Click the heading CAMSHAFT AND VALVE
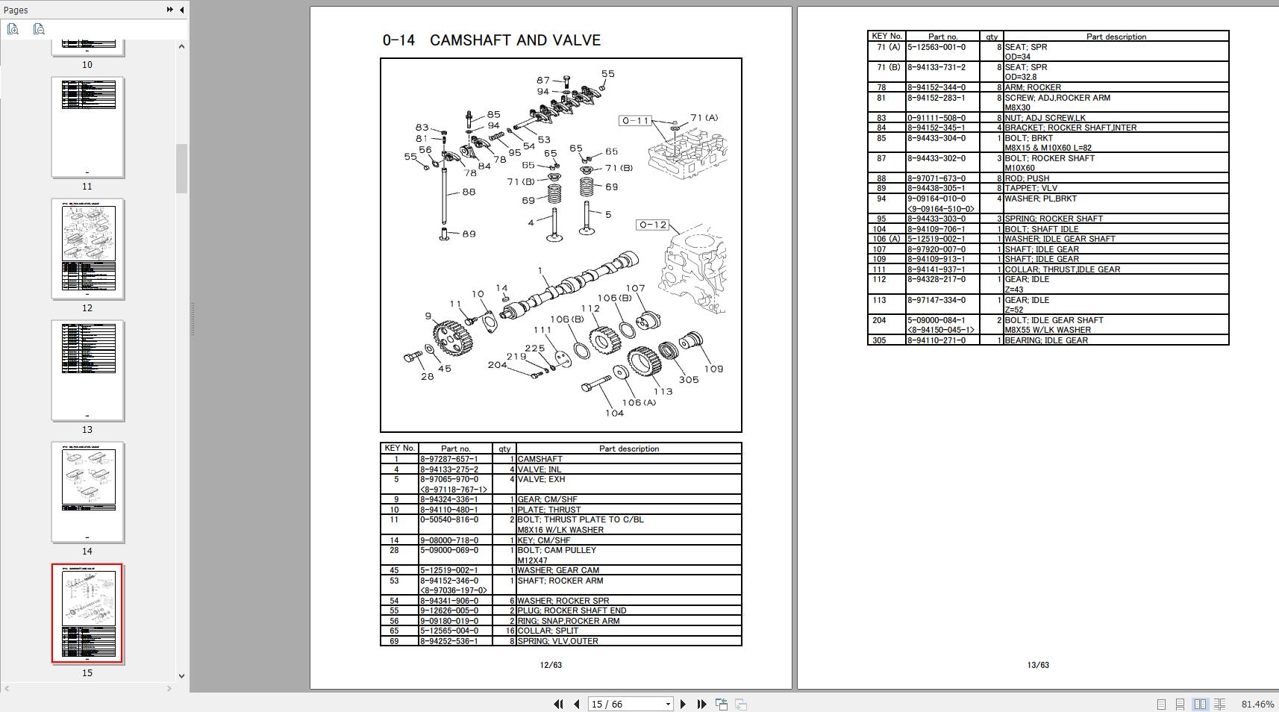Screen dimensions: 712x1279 click(x=515, y=40)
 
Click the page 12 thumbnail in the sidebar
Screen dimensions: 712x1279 click(x=87, y=249)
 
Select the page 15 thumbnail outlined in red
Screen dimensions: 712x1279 click(x=87, y=613)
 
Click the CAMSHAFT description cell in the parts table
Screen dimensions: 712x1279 click(x=540, y=459)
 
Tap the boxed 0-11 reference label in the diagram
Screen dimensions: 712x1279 click(x=636, y=120)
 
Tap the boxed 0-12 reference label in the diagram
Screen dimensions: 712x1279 click(x=652, y=225)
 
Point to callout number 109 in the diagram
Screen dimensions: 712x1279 click(x=713, y=369)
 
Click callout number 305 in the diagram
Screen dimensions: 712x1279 click(x=688, y=379)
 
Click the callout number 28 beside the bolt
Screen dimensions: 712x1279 click(x=427, y=376)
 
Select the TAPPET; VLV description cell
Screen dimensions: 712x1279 click(x=1031, y=188)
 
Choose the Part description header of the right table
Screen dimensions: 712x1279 click(x=1116, y=37)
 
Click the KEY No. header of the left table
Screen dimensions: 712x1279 click(x=399, y=449)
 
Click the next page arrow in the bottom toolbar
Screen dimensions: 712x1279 click(x=683, y=704)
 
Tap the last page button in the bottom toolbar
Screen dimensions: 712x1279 click(x=701, y=704)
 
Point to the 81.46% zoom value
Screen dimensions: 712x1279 click(x=1257, y=704)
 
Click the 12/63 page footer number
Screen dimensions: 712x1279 click(x=550, y=665)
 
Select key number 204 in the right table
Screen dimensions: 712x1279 click(x=879, y=320)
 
